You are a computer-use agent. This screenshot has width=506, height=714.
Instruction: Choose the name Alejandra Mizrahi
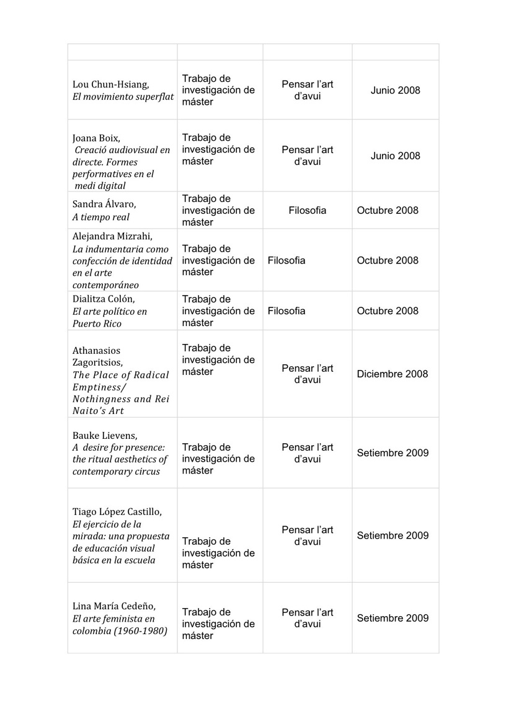pyautogui.click(x=112, y=236)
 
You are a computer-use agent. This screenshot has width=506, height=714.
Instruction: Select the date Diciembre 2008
pyautogui.click(x=393, y=374)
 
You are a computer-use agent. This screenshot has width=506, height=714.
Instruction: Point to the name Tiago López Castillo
pyautogui.click(x=117, y=511)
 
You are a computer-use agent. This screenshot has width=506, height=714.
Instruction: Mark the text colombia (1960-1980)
pyautogui.click(x=120, y=631)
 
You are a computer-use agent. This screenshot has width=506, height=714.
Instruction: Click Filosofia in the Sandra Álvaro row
pyautogui.click(x=307, y=210)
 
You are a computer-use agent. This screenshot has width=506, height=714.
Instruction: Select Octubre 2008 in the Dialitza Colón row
pyautogui.click(x=388, y=311)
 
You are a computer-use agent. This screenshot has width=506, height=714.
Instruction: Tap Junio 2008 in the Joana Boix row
pyautogui.click(x=395, y=156)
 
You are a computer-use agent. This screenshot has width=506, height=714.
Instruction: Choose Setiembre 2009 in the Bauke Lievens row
pyautogui.click(x=393, y=452)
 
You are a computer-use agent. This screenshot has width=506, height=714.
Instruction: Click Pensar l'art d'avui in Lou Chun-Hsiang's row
pyautogui.click(x=307, y=90)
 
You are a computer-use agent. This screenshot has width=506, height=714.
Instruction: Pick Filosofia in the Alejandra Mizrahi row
pyautogui.click(x=286, y=260)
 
